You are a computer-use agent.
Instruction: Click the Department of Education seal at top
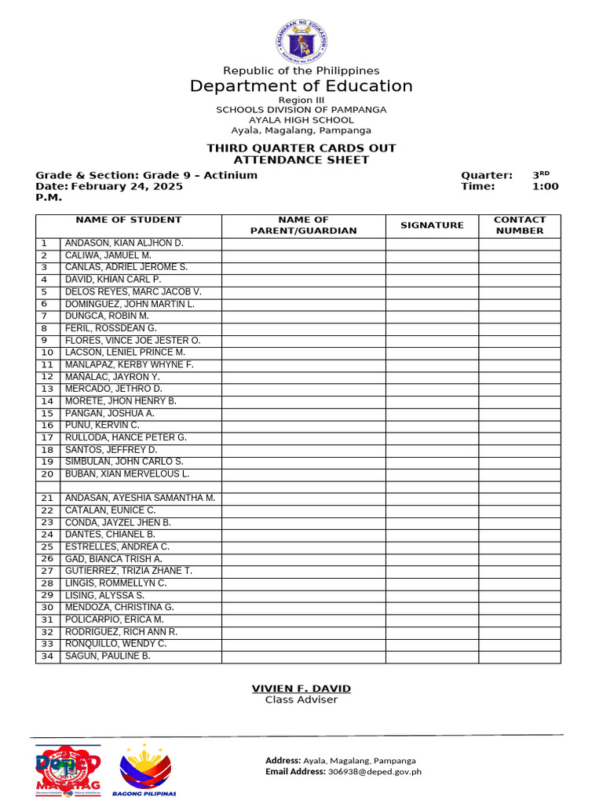click(301, 38)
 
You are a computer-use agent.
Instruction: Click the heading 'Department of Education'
click(301, 86)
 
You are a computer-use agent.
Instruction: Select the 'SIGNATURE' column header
click(432, 225)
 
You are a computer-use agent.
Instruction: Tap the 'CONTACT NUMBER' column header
click(519, 225)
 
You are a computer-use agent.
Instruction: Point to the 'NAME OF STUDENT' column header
click(128, 220)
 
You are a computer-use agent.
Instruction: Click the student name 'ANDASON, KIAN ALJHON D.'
click(123, 243)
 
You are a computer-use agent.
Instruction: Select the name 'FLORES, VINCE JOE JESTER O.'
click(133, 341)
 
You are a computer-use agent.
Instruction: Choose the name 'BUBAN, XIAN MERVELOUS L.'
click(127, 474)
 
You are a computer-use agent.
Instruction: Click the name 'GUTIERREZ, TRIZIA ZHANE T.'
click(128, 571)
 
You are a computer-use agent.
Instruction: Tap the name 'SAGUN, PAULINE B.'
click(108, 656)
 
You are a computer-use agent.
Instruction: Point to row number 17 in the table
click(47, 438)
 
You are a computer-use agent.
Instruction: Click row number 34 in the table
click(47, 656)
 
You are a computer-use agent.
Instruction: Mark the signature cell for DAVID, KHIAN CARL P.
click(432, 280)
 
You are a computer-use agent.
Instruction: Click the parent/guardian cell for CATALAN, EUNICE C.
click(303, 510)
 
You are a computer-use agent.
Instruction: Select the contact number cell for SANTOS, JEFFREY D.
click(519, 450)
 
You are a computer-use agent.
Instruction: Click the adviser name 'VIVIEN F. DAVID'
click(301, 689)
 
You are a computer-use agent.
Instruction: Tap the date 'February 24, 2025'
click(127, 187)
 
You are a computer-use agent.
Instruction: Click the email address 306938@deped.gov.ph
click(375, 772)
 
